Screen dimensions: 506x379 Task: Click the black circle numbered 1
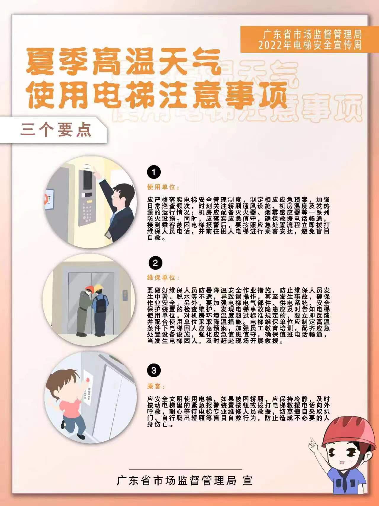click(x=154, y=172)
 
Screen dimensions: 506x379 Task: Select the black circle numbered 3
click(x=154, y=370)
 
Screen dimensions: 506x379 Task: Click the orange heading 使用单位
click(x=163, y=187)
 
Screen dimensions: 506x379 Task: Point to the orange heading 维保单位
click(x=163, y=278)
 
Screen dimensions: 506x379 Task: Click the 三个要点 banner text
click(x=56, y=130)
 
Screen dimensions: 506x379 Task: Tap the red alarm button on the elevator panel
click(x=88, y=380)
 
